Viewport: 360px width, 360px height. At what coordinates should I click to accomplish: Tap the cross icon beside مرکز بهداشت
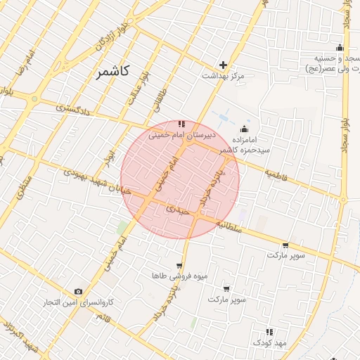(x=224, y=65)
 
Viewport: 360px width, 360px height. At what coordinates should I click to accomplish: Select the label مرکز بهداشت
(x=223, y=75)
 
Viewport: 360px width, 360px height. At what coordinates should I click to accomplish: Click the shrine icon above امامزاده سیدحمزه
(x=244, y=129)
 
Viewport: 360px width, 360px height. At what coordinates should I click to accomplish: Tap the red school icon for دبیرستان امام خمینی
(x=181, y=124)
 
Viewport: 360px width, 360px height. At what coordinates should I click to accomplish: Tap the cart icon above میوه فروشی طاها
(x=179, y=266)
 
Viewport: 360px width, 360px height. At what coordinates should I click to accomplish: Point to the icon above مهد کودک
(x=269, y=332)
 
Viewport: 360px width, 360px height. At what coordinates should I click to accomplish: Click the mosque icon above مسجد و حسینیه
(x=340, y=48)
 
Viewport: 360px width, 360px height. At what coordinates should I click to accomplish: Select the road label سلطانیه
(x=229, y=227)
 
